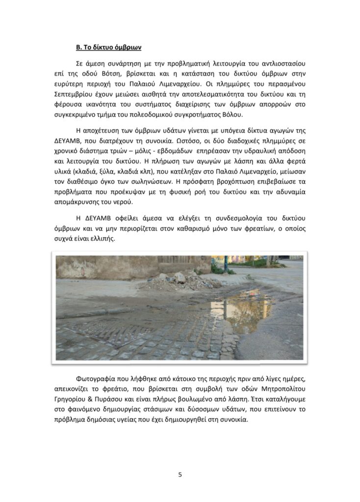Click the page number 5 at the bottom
[180, 475]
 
